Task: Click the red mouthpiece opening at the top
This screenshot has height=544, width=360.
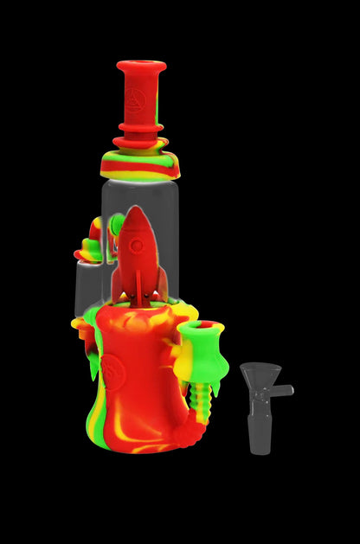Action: click(x=141, y=66)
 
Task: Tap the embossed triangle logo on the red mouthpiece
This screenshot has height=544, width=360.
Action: click(x=140, y=95)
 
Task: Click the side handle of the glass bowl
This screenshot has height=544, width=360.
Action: click(x=285, y=391)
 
